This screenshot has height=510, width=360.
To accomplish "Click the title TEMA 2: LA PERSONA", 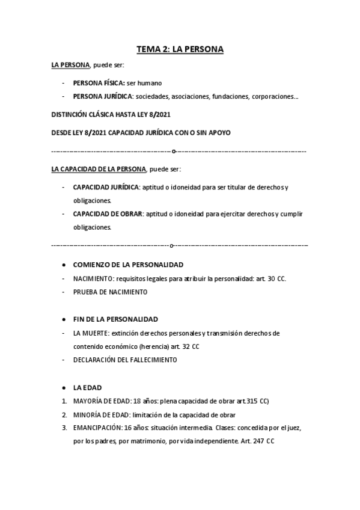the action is tap(180, 50).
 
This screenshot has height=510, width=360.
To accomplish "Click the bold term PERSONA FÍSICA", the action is tap(99, 83).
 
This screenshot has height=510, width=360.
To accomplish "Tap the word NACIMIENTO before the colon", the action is tap(93, 279).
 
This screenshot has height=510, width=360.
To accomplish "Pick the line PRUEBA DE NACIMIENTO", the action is tap(110, 292).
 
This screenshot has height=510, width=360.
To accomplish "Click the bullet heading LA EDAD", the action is tap(87, 388).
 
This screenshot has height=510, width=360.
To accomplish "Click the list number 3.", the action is tap(64, 428).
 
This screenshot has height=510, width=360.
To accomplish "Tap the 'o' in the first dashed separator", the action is tap(174, 151).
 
